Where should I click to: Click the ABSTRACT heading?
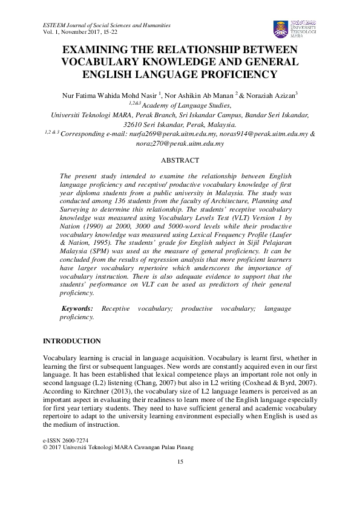[x=180, y=160]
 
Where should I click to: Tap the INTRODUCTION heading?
[x=71, y=341]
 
